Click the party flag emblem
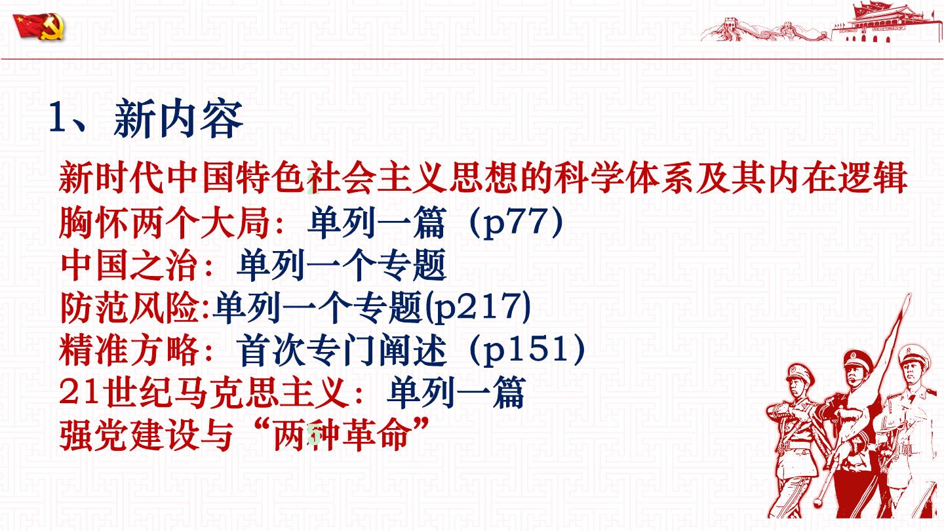(39, 26)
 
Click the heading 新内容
(178, 119)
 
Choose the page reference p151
(528, 349)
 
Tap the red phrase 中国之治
(129, 265)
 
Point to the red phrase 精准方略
(129, 350)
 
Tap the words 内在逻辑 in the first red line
(836, 177)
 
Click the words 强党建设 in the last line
(129, 435)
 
